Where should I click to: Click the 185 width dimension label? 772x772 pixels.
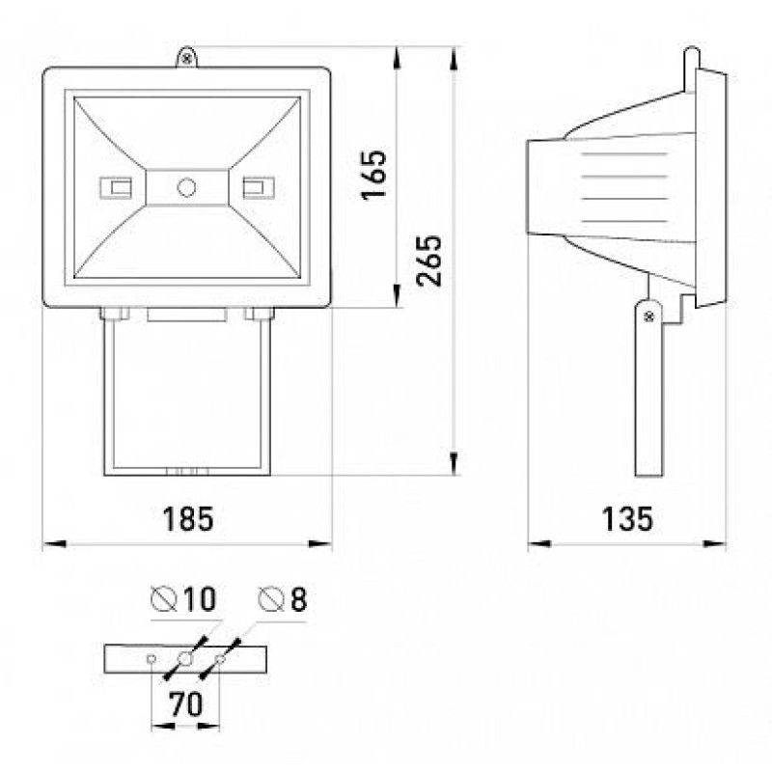coord(188,519)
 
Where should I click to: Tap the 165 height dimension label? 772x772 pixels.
coord(374,175)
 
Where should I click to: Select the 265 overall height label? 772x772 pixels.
coord(428,261)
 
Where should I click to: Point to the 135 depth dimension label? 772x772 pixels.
coord(627,519)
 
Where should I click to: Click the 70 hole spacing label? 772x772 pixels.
coord(185,704)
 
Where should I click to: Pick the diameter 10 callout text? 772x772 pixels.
coord(183,599)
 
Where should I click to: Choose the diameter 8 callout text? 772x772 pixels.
coord(283,599)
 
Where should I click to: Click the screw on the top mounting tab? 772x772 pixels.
coord(186,59)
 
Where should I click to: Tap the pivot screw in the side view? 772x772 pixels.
coord(648,317)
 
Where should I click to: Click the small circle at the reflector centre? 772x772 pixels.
coord(186,187)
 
